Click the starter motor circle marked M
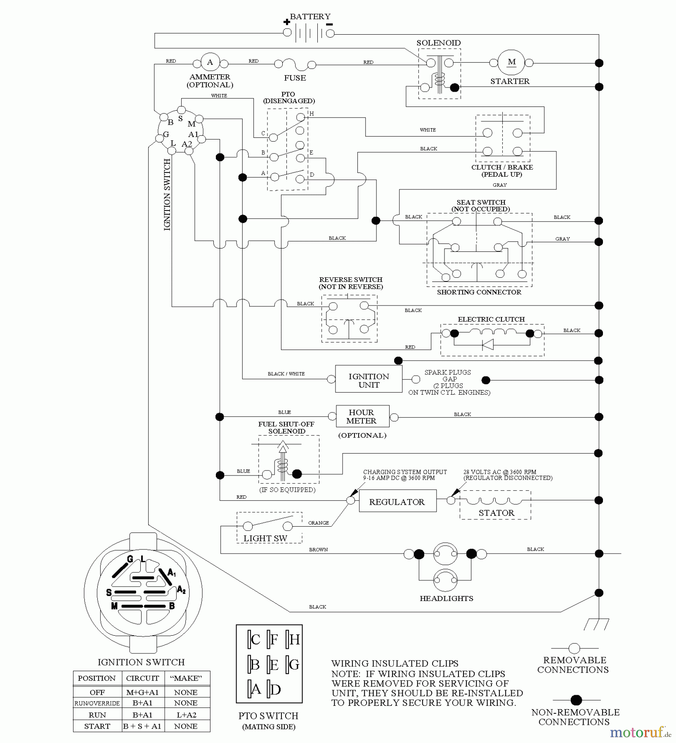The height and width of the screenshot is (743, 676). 511,63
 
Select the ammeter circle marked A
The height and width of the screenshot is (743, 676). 210,63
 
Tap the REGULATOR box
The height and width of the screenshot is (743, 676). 397,502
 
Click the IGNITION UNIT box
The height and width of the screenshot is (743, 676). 369,380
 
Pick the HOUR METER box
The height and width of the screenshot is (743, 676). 362,416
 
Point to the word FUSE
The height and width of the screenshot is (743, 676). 295,78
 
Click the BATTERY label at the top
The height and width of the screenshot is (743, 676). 310,17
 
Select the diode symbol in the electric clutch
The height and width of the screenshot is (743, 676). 488,344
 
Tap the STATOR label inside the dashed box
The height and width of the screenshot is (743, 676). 496,513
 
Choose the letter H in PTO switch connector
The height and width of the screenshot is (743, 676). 294,640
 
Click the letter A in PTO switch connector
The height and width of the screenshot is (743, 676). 255,689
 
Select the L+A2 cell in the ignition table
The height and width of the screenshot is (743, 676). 186,715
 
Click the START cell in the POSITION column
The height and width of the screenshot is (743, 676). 97,726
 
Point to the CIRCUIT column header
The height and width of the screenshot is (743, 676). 142,678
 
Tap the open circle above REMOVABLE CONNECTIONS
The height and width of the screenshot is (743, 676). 574,648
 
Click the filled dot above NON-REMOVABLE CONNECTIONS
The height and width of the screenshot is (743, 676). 576,700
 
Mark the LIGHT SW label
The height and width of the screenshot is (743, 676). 265,538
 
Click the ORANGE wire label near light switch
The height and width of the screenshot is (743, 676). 319,523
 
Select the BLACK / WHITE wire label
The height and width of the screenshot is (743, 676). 286,374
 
